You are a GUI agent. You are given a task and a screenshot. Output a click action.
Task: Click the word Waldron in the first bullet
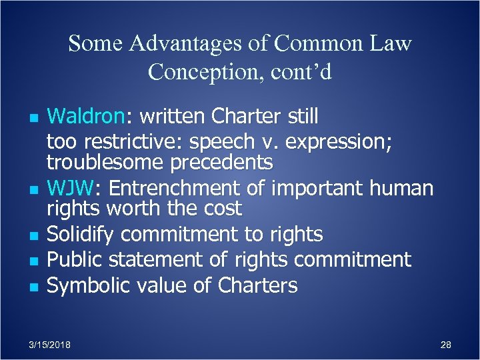[x=85, y=117]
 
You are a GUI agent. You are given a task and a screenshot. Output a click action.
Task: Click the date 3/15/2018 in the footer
[x=50, y=344]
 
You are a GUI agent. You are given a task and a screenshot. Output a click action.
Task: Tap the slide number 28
[x=446, y=344]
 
